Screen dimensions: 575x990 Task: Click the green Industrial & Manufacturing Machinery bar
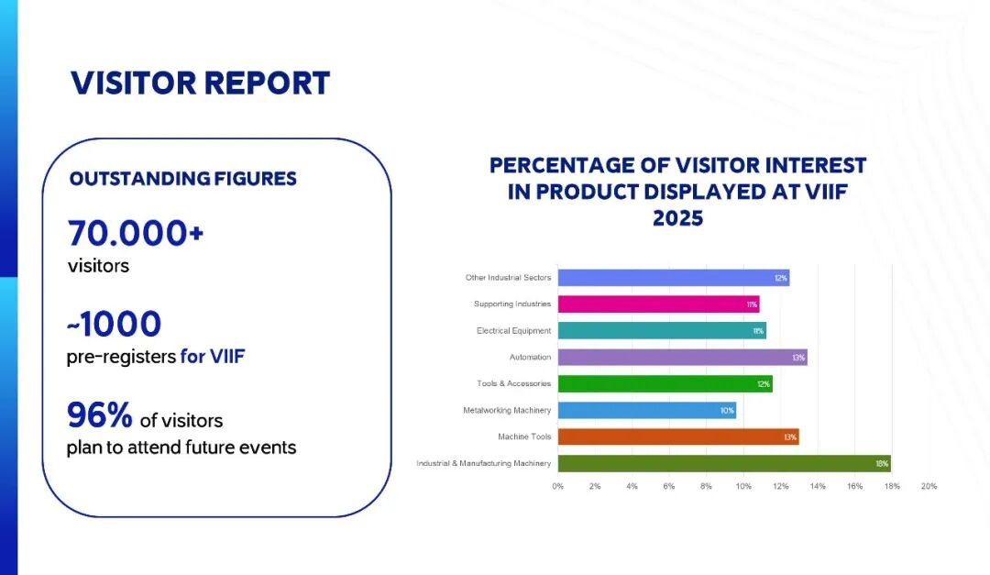click(723, 463)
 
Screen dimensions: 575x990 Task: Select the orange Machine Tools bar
click(677, 437)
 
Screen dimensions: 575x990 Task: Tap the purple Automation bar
click(682, 357)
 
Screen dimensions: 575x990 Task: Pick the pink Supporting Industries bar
click(658, 304)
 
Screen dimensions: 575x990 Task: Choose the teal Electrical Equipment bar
click(661, 330)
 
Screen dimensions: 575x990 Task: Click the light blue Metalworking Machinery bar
click(646, 410)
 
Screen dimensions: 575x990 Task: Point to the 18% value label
click(881, 463)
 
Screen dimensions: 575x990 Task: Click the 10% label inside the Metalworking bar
click(727, 410)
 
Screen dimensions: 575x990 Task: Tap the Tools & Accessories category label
click(513, 383)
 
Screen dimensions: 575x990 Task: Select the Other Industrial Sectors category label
click(509, 277)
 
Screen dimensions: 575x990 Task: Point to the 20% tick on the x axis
click(929, 486)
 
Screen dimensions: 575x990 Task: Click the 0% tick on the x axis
click(557, 486)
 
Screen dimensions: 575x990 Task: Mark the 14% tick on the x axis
click(818, 486)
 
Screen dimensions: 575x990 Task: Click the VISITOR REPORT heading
click(200, 83)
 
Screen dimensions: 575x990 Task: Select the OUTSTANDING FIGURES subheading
click(183, 178)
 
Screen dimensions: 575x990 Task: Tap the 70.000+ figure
click(135, 234)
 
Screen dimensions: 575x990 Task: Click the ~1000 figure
click(114, 323)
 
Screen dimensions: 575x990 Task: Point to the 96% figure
click(100, 415)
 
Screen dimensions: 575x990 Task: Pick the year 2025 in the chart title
click(677, 219)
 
